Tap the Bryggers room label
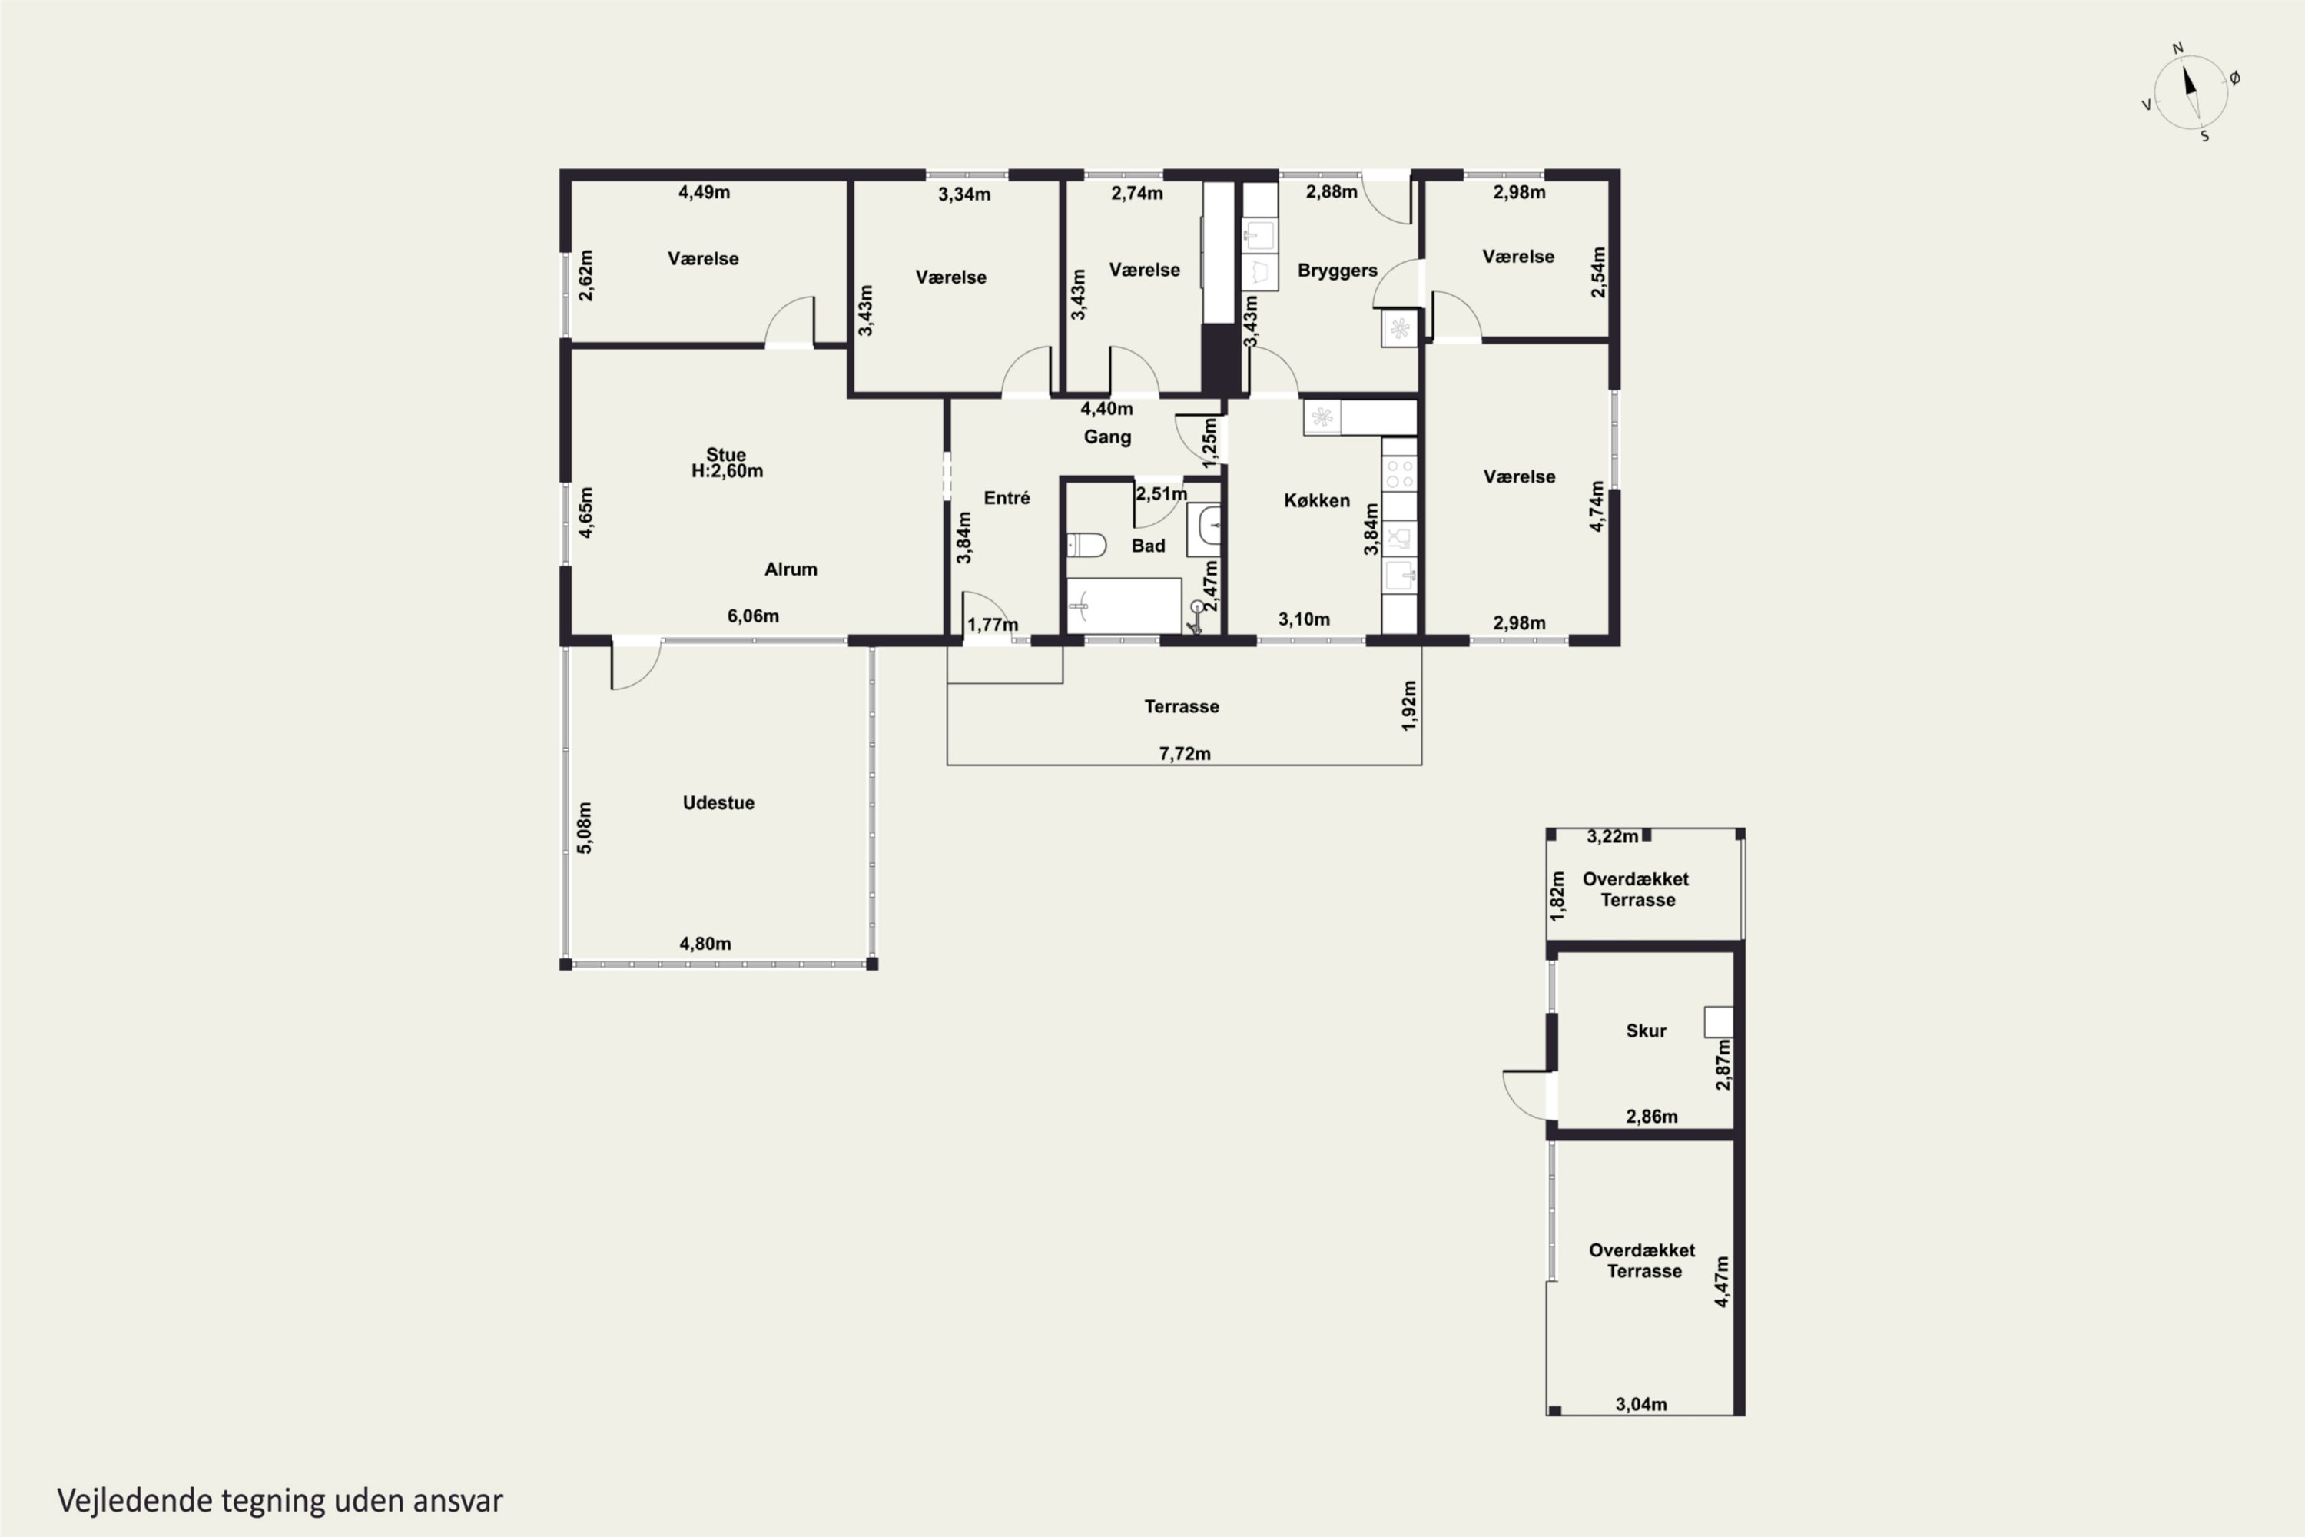1337,271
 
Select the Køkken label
1316,501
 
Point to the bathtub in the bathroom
1124,606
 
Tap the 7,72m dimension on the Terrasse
1185,754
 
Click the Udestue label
718,803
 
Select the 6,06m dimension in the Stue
753,616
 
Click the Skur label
1647,1031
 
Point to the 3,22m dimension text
1613,836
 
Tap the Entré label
1007,498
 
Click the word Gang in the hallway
1107,437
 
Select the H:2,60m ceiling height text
727,472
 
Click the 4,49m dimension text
704,192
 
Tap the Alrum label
791,569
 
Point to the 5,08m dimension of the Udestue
584,828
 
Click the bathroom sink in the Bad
1205,529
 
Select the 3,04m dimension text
1641,1405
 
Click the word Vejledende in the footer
134,1501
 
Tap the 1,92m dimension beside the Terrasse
1409,705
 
